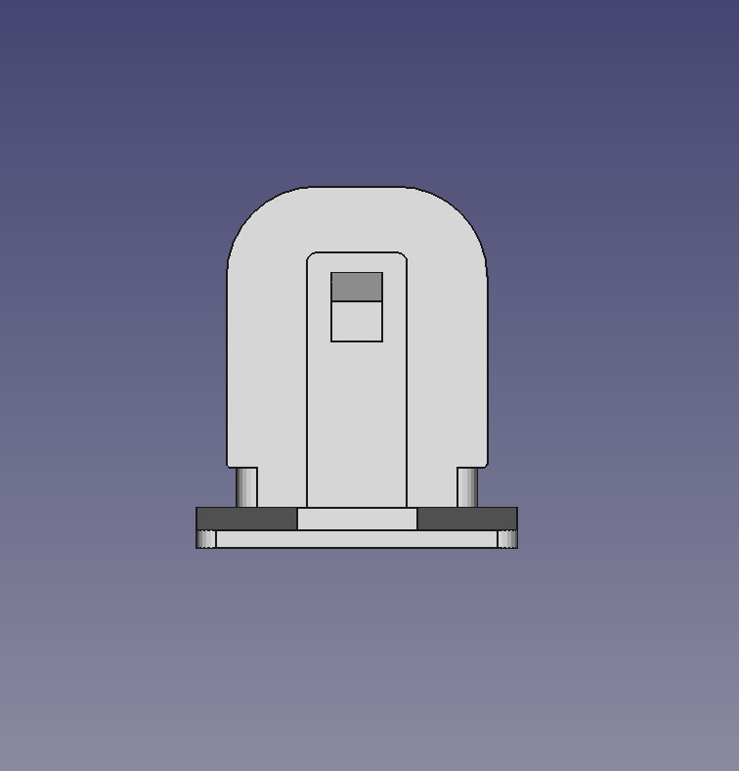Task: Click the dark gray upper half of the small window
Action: coord(357,287)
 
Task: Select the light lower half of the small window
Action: coord(357,322)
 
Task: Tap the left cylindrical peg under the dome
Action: coord(247,487)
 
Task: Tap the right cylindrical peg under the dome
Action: coord(467,487)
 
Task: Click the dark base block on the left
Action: coord(246,519)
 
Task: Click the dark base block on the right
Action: coord(466,519)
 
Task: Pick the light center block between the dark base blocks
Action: coord(357,519)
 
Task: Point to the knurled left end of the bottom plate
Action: coord(206,539)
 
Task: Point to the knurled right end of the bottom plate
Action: coord(507,539)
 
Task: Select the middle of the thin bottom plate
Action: coord(357,539)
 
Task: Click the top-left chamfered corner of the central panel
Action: coord(311,256)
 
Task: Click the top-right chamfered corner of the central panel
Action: coord(403,256)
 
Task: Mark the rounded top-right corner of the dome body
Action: coord(463,210)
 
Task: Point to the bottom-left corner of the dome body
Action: coord(231,465)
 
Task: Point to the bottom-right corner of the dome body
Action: coord(485,465)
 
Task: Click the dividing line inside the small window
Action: coord(357,301)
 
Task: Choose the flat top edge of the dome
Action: coord(357,187)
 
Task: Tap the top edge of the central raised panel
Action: coord(357,252)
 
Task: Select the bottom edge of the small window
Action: coord(357,341)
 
